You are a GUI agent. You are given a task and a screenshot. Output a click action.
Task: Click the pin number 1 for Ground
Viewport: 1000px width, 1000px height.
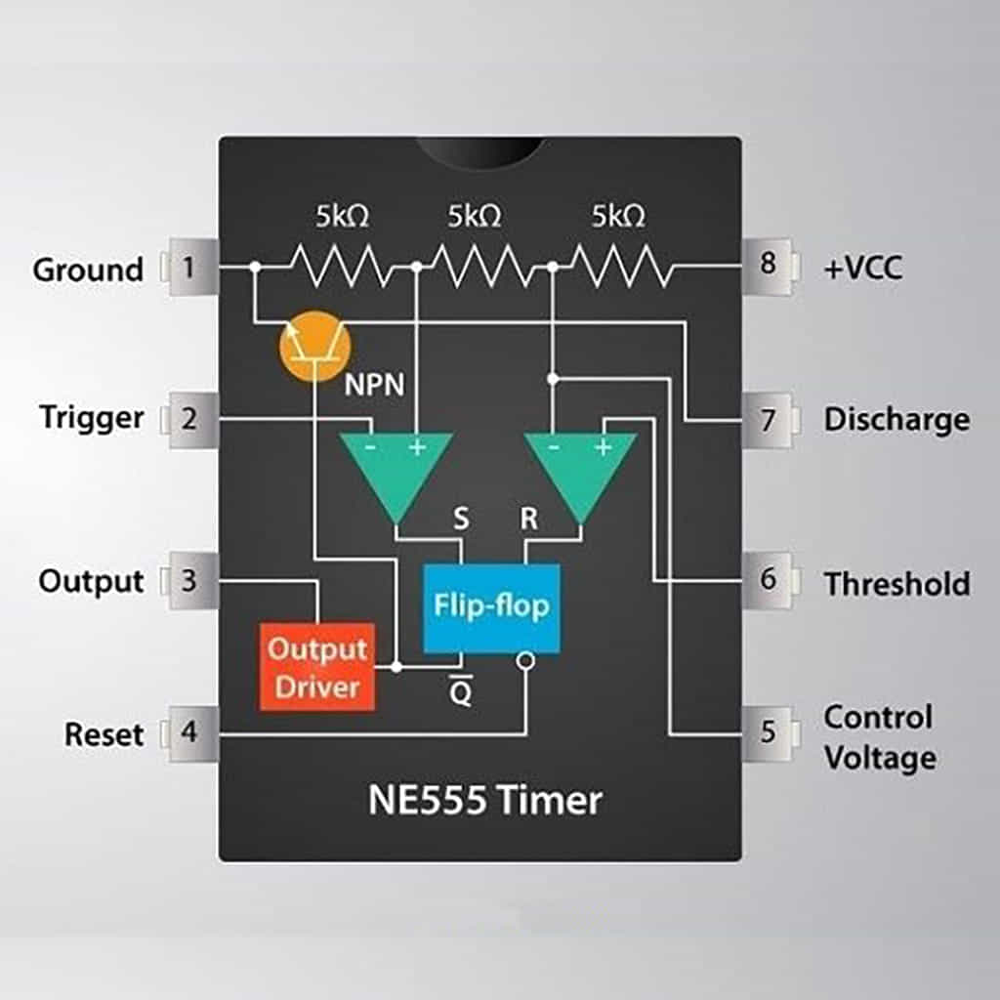[x=187, y=267]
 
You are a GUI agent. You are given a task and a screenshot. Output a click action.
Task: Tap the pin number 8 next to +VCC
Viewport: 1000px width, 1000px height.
[x=769, y=265]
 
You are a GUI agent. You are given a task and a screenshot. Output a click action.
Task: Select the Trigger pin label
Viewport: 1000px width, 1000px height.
[x=92, y=418]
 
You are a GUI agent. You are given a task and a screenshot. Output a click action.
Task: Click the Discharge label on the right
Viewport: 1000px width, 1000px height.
[x=896, y=420]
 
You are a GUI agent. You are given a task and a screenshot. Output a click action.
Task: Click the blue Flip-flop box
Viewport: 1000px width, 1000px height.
[x=491, y=607]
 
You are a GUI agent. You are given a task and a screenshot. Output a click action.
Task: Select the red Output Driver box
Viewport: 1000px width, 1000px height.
[x=317, y=667]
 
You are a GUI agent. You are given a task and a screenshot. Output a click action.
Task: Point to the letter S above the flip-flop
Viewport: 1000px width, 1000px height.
[x=461, y=520]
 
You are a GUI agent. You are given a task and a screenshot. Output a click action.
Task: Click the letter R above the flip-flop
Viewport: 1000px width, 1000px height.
[x=528, y=520]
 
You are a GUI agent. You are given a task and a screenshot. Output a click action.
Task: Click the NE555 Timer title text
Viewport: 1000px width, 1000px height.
[x=484, y=801]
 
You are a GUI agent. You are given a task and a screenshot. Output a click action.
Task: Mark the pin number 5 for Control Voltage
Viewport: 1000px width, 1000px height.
[x=769, y=730]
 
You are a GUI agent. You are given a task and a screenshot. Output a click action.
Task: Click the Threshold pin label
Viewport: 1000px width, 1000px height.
[x=896, y=584]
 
